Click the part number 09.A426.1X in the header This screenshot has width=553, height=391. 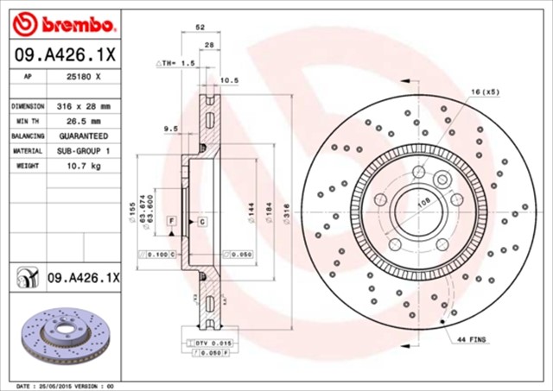click(64, 54)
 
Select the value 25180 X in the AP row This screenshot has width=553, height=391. click(84, 76)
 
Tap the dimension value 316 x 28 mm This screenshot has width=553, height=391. click(84, 106)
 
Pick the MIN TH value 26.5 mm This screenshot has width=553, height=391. click(84, 121)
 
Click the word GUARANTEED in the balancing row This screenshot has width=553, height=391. click(84, 136)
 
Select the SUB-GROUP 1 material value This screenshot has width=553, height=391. click(84, 150)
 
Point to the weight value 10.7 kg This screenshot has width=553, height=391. click(84, 165)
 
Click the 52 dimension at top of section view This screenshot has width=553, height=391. click(201, 28)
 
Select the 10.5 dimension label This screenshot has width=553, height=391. click(230, 80)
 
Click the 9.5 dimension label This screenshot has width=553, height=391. click(170, 129)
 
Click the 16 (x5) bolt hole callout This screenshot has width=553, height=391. click(485, 91)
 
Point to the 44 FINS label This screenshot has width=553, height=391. click(473, 341)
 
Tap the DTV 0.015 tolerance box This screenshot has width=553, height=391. click(209, 344)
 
